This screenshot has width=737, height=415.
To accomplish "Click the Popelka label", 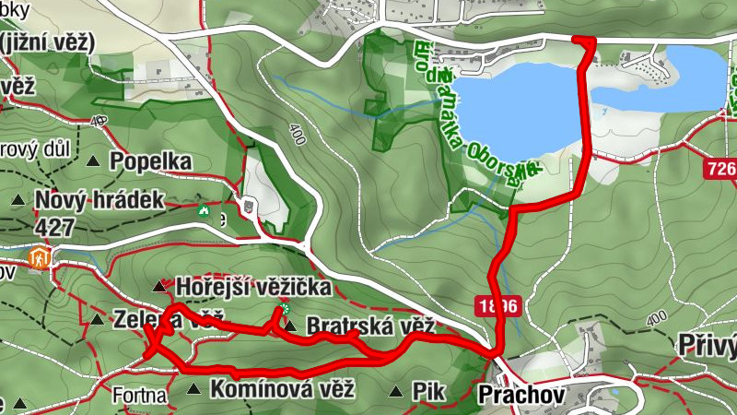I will coord(150,161).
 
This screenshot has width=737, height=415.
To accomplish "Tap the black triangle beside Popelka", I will coord(93,162).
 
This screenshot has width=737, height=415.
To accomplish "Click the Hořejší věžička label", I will coord(252,287).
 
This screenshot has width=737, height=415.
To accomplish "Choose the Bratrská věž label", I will coord(369,326).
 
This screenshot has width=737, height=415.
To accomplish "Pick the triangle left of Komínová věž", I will coord(193,390).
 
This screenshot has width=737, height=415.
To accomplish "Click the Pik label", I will coord(429,391).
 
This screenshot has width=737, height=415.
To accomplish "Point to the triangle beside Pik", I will coord(395,391).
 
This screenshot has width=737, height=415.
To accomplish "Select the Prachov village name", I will coord(519,395).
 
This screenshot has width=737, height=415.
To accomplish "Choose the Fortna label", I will coord(139,397).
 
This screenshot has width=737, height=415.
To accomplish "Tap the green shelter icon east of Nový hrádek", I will coord(203,210).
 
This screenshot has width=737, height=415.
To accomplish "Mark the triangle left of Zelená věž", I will coord(97,320).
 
